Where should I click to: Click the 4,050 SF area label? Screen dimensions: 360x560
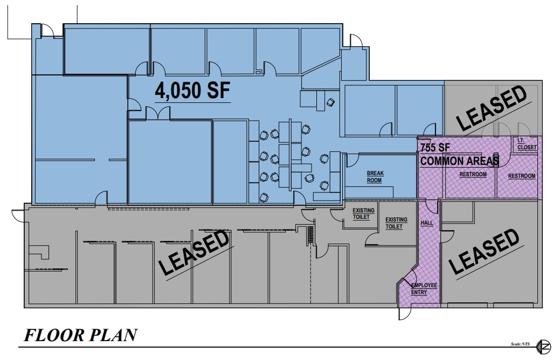[x=192, y=91]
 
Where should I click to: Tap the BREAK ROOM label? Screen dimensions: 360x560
[x=375, y=177]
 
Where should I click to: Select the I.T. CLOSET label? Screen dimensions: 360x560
[x=524, y=143]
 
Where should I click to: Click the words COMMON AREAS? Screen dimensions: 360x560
[x=459, y=161]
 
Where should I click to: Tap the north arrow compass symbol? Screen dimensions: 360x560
[x=545, y=345]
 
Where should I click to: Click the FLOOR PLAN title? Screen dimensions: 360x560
[x=79, y=336]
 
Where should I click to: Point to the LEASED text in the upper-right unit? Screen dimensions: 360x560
[x=492, y=108]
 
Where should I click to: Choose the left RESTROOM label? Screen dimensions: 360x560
[x=473, y=175]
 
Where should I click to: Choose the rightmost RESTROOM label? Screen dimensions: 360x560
[x=522, y=176]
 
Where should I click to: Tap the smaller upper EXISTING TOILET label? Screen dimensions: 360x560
[x=361, y=213]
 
